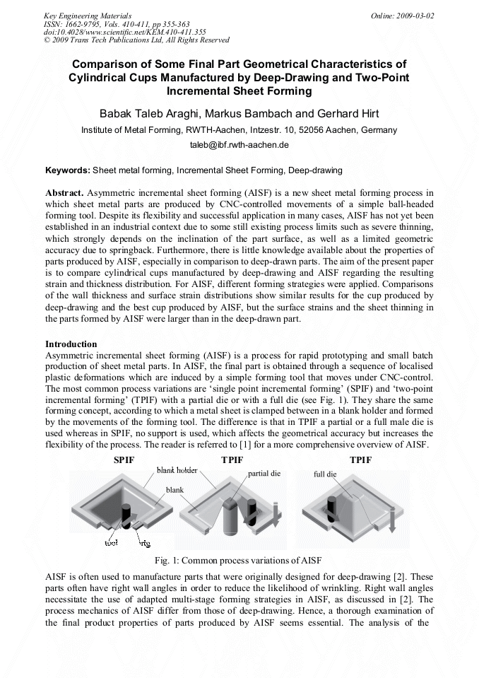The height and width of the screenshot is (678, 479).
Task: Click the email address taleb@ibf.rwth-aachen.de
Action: pos(239,145)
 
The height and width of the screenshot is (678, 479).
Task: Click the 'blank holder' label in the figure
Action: pos(177,471)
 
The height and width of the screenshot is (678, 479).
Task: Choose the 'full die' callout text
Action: pos(325,474)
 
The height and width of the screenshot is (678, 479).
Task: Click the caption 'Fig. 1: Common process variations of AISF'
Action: pos(239,560)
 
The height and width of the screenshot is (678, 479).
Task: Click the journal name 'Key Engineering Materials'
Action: pos(88,16)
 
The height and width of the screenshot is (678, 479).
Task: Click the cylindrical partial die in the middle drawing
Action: pos(231,520)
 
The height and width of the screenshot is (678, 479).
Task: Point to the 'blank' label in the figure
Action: pos(175,489)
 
